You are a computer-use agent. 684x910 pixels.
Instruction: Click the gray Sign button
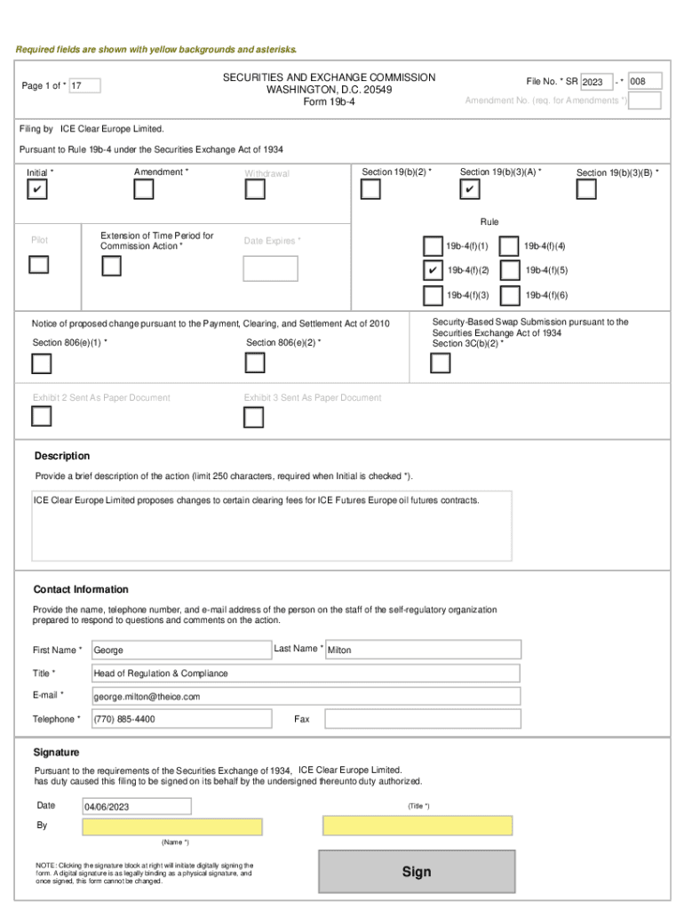pos(416,872)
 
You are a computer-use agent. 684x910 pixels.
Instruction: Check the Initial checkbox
pos(37,190)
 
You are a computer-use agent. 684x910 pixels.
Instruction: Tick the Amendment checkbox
pos(143,190)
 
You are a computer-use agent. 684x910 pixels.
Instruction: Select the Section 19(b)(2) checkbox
pos(371,189)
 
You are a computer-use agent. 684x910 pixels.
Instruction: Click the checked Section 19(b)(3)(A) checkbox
pos(470,190)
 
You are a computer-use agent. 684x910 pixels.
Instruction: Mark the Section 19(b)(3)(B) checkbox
pos(586,190)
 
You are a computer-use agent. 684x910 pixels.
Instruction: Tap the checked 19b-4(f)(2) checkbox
pos(433,270)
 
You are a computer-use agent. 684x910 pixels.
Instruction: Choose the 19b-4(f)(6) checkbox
pos(510,295)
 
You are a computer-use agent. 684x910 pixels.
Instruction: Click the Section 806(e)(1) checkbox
pos(41,363)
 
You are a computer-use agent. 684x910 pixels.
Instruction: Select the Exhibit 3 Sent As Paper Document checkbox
pos(254,417)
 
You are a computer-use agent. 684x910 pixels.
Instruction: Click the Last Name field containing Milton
pos(422,651)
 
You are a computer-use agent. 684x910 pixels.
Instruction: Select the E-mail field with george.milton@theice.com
pos(306,696)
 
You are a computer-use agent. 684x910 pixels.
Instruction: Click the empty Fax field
pos(422,718)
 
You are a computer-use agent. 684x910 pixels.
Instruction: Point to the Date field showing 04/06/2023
pos(136,806)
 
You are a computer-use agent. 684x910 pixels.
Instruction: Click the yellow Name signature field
pos(172,827)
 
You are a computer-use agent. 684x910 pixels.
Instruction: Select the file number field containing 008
pos(645,82)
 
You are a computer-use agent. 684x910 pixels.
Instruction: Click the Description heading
pos(62,456)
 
